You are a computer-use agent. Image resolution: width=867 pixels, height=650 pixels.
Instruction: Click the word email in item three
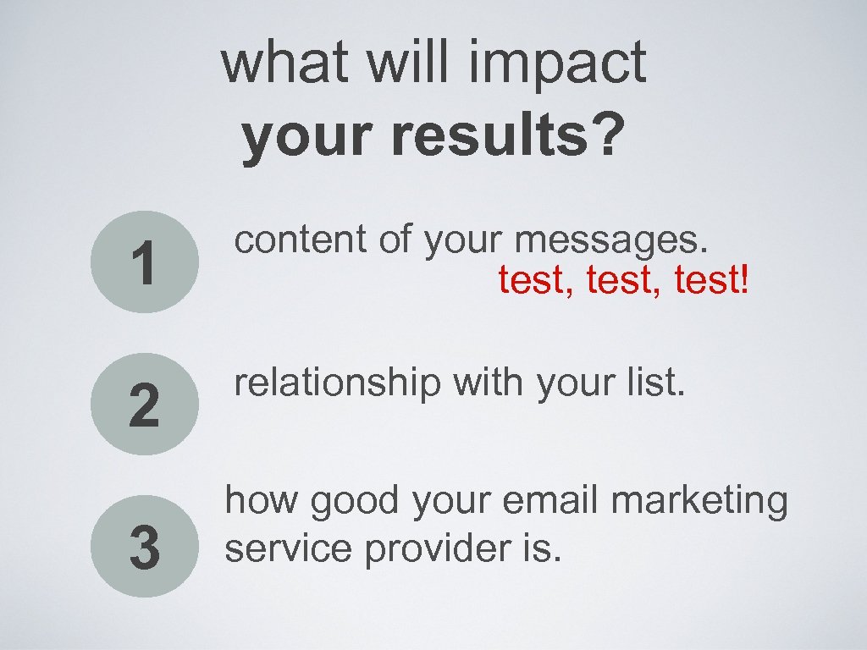pos(550,501)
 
